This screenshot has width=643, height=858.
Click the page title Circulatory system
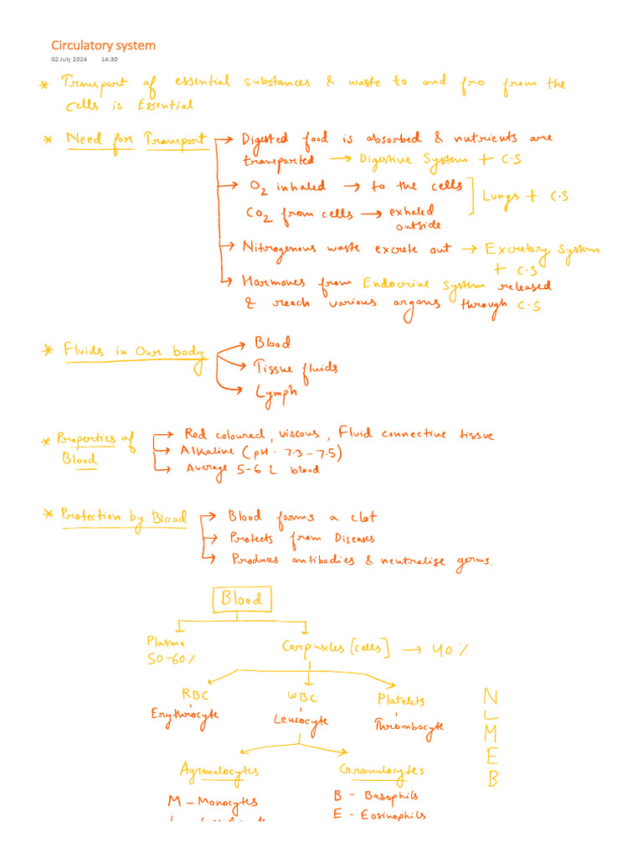coord(103,45)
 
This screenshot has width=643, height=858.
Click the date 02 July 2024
coord(69,60)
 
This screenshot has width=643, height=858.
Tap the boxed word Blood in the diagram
coord(242,599)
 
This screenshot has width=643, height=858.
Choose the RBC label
coord(195,695)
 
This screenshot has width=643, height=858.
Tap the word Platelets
coord(401,700)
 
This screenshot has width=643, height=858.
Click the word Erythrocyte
coord(185,715)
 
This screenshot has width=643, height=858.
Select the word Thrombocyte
coord(409,726)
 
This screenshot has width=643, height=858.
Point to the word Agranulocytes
coord(219,770)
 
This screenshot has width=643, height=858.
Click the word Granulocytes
coord(381,770)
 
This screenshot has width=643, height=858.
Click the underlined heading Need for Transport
coord(136,138)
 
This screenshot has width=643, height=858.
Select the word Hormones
coord(273,283)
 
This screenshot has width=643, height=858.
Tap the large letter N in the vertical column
coord(491,697)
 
